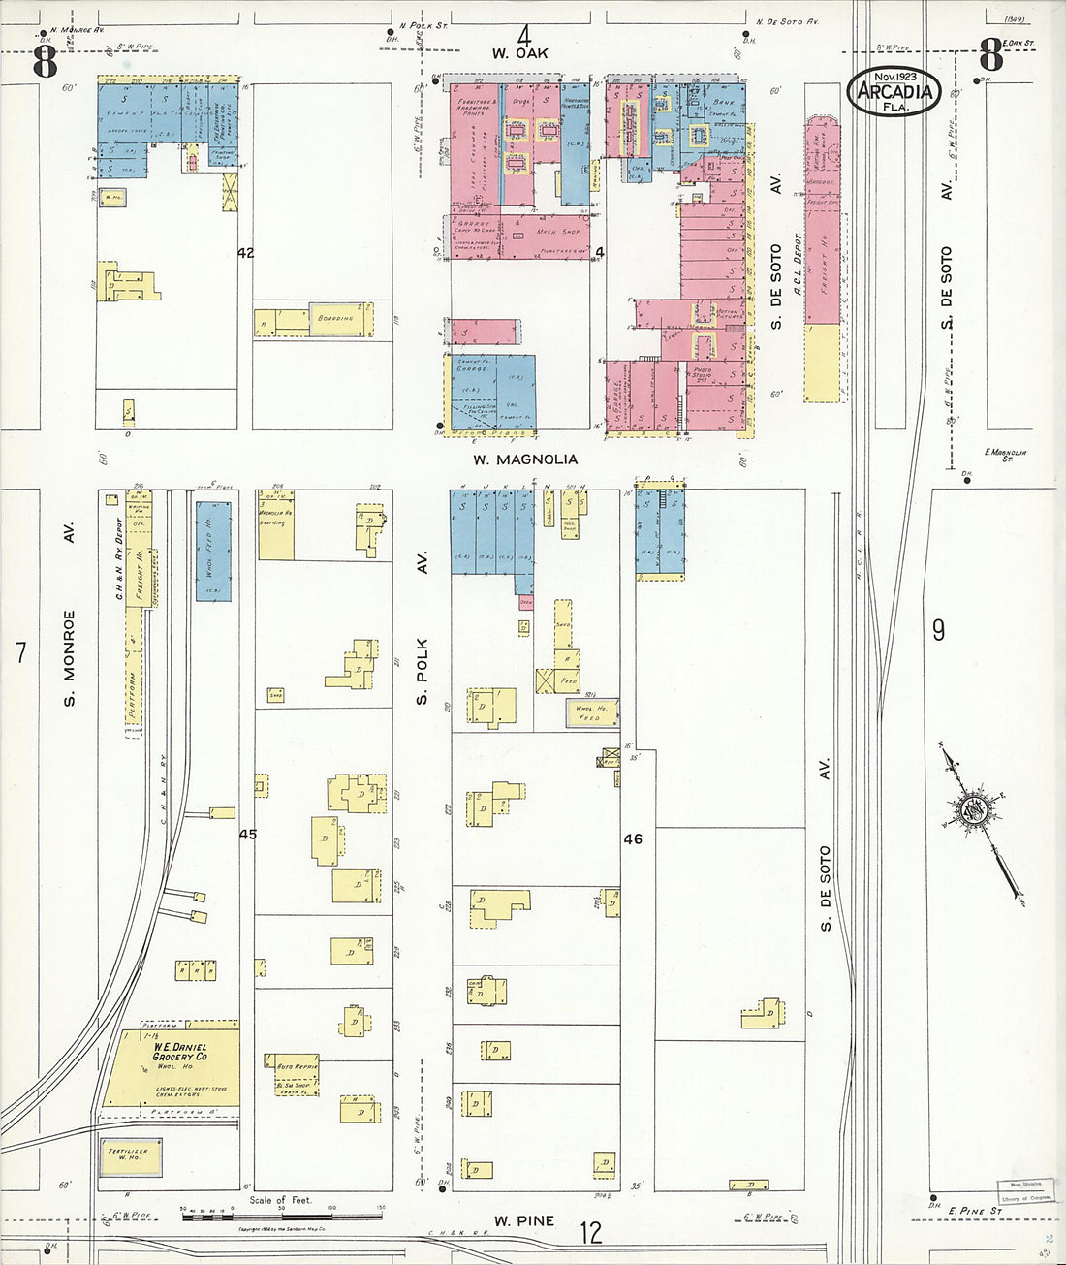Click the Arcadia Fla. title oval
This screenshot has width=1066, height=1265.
click(894, 91)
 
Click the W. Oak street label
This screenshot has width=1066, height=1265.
click(519, 54)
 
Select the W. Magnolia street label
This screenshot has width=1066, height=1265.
click(525, 459)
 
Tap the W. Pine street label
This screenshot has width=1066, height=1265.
click(524, 1221)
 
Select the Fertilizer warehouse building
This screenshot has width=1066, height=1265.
click(130, 1155)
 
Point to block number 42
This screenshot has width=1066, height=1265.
click(245, 253)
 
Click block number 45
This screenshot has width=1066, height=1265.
click(248, 834)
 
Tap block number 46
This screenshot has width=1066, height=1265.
click(632, 839)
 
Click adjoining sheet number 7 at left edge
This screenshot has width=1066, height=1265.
click(20, 653)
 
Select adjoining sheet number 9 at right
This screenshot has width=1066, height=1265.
click(938, 631)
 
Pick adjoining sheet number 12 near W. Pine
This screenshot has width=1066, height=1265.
click(590, 1233)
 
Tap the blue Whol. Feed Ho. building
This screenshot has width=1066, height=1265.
click(213, 551)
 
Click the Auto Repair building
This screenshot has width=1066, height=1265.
click(293, 1067)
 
